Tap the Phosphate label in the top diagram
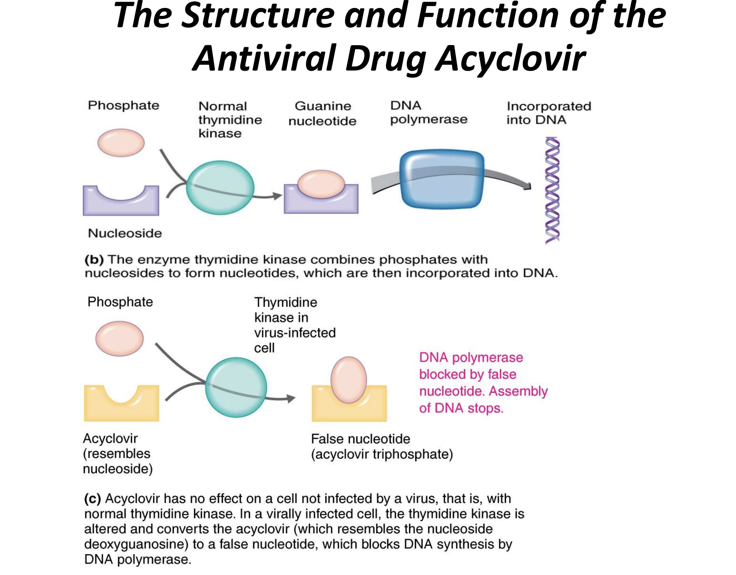click(x=123, y=105)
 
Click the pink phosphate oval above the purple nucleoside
click(x=121, y=142)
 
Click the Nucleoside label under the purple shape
click(x=125, y=233)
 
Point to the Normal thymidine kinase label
click(x=230, y=120)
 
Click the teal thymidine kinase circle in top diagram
click(x=220, y=188)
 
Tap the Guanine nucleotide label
click(x=322, y=113)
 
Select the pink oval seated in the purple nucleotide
click(x=321, y=184)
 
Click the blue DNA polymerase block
click(x=442, y=179)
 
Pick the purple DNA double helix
click(x=552, y=190)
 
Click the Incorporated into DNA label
click(x=548, y=113)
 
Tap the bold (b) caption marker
click(x=94, y=260)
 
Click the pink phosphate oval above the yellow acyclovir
click(x=120, y=338)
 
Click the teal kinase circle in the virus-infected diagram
click(x=236, y=387)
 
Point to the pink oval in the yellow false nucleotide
click(x=348, y=379)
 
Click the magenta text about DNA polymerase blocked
click(x=483, y=382)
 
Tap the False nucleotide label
click(x=360, y=439)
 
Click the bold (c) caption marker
click(x=93, y=499)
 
